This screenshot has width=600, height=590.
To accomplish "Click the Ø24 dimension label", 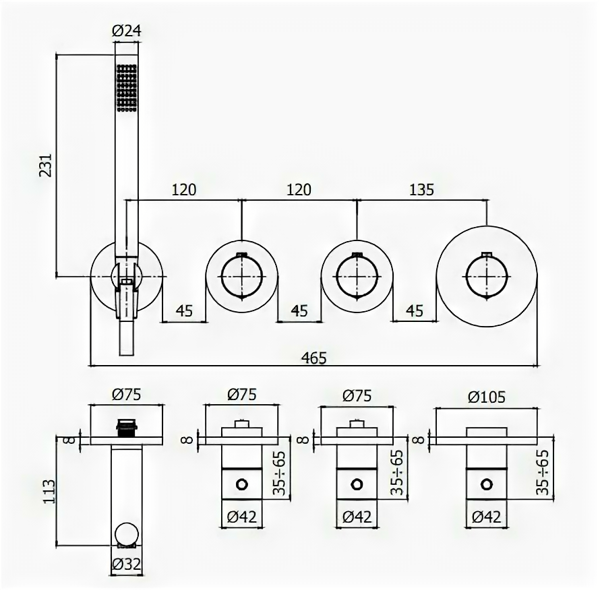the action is [128, 30].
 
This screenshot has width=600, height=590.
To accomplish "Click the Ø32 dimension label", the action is [127, 564].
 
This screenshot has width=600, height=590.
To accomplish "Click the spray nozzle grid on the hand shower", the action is [127, 86].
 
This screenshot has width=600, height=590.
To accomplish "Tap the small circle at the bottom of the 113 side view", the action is [127, 535].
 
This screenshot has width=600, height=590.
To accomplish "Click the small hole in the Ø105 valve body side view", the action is [485, 483].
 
